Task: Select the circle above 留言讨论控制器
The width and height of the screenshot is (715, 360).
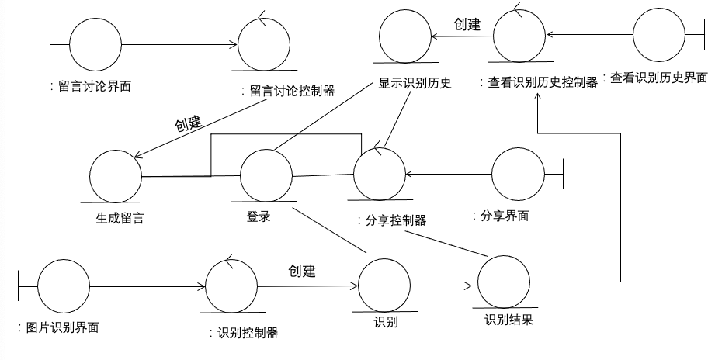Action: (263, 45)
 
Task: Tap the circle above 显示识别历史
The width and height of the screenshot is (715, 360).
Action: (405, 36)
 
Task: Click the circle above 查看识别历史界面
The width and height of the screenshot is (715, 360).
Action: (658, 36)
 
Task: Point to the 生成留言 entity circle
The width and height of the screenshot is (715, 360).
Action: (116, 176)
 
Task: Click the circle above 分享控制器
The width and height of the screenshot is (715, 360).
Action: (379, 172)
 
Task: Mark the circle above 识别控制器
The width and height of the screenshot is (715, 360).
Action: (231, 285)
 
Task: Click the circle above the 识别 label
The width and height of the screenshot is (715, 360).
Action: (384, 284)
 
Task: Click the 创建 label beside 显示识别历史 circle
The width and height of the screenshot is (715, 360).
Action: (467, 24)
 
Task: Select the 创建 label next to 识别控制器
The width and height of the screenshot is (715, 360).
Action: (302, 272)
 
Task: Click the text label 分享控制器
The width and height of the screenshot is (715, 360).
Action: (392, 220)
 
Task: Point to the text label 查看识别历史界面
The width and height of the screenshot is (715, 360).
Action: (659, 78)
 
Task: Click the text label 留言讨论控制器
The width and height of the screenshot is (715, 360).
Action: (288, 91)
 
